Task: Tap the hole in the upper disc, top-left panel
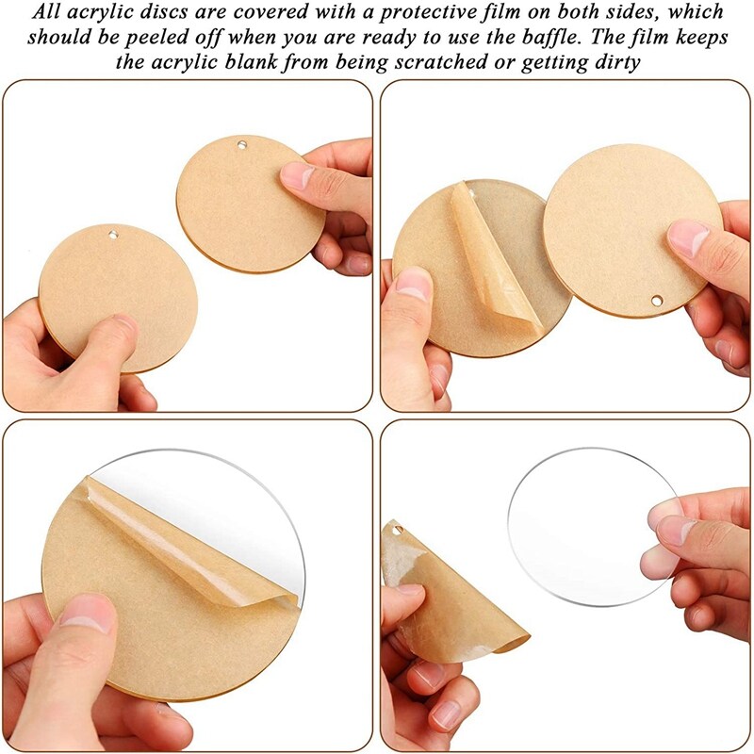click(241, 144)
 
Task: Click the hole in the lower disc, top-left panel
click(113, 235)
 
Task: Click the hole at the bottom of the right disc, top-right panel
click(656, 301)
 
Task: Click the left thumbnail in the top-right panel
click(414, 284)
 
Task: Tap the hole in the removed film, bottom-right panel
click(398, 531)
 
